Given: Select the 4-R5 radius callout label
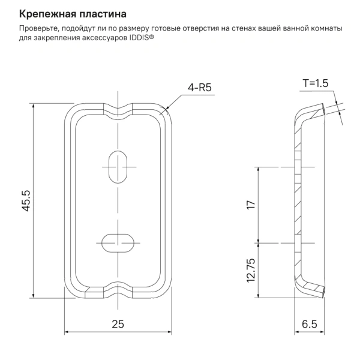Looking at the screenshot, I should click(x=200, y=88).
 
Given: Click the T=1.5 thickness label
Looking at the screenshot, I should click(x=316, y=84).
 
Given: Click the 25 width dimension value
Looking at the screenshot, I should click(x=118, y=324).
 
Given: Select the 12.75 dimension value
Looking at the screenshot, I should click(x=251, y=269).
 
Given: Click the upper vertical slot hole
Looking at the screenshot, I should click(x=118, y=166).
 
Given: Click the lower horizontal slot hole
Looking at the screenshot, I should click(x=118, y=242).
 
